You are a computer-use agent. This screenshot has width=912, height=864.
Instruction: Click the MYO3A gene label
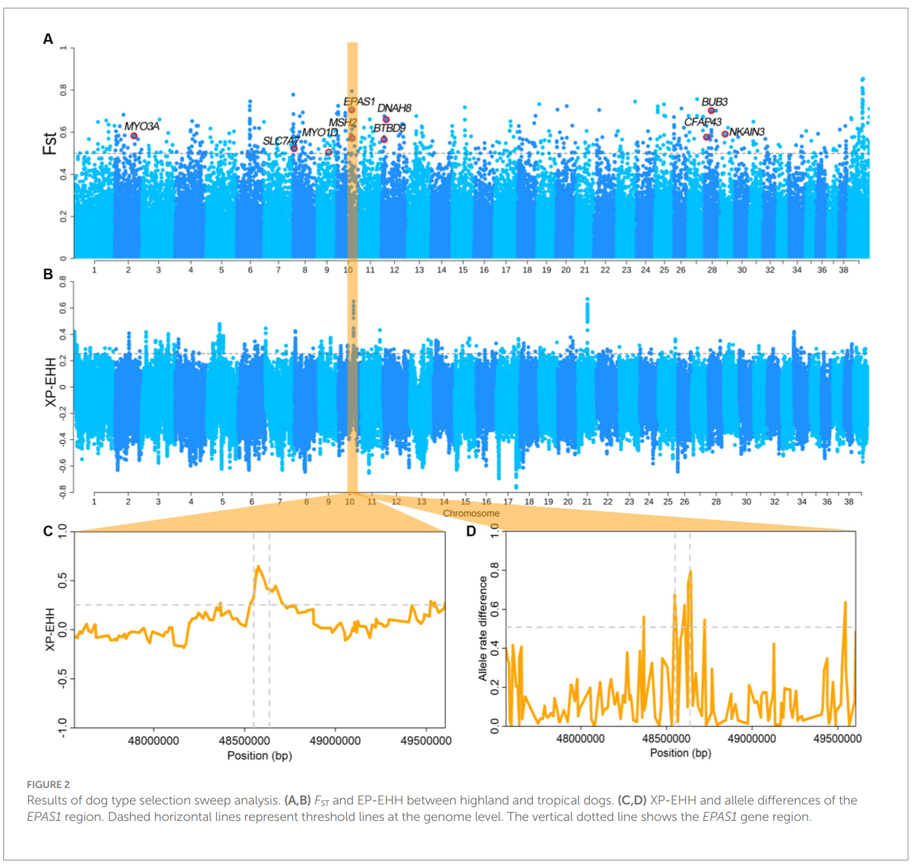(x=142, y=127)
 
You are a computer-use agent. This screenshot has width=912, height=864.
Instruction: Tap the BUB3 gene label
(x=714, y=102)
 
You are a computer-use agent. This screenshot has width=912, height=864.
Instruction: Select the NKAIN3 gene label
(x=746, y=132)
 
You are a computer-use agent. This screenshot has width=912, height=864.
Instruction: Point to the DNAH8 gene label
(x=394, y=108)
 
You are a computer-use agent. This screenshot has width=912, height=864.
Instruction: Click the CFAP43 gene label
(x=703, y=122)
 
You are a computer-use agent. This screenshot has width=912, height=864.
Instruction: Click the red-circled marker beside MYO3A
(x=134, y=136)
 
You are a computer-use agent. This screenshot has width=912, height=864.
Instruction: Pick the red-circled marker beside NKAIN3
(x=725, y=134)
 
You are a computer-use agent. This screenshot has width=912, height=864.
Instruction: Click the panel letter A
(x=48, y=39)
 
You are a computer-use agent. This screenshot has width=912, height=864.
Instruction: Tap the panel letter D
(x=471, y=532)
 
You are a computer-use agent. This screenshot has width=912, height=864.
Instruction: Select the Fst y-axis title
(x=49, y=144)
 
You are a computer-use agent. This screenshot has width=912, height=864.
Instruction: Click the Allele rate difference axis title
(x=483, y=628)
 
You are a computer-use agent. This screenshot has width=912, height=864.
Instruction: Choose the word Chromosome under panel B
(x=471, y=513)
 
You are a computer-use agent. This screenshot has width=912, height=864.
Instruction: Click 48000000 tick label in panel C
(x=153, y=741)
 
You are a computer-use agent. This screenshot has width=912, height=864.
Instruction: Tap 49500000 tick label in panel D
(x=837, y=739)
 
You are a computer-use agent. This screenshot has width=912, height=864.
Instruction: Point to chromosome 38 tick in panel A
(x=844, y=270)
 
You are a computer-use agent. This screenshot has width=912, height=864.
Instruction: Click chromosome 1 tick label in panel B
(x=94, y=501)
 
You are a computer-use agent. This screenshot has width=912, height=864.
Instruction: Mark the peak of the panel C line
(x=258, y=566)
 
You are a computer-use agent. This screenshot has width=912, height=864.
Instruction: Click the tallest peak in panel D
(x=690, y=571)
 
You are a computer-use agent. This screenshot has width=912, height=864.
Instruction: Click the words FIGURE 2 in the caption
(x=48, y=785)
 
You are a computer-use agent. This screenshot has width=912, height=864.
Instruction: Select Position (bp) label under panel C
(x=259, y=756)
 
